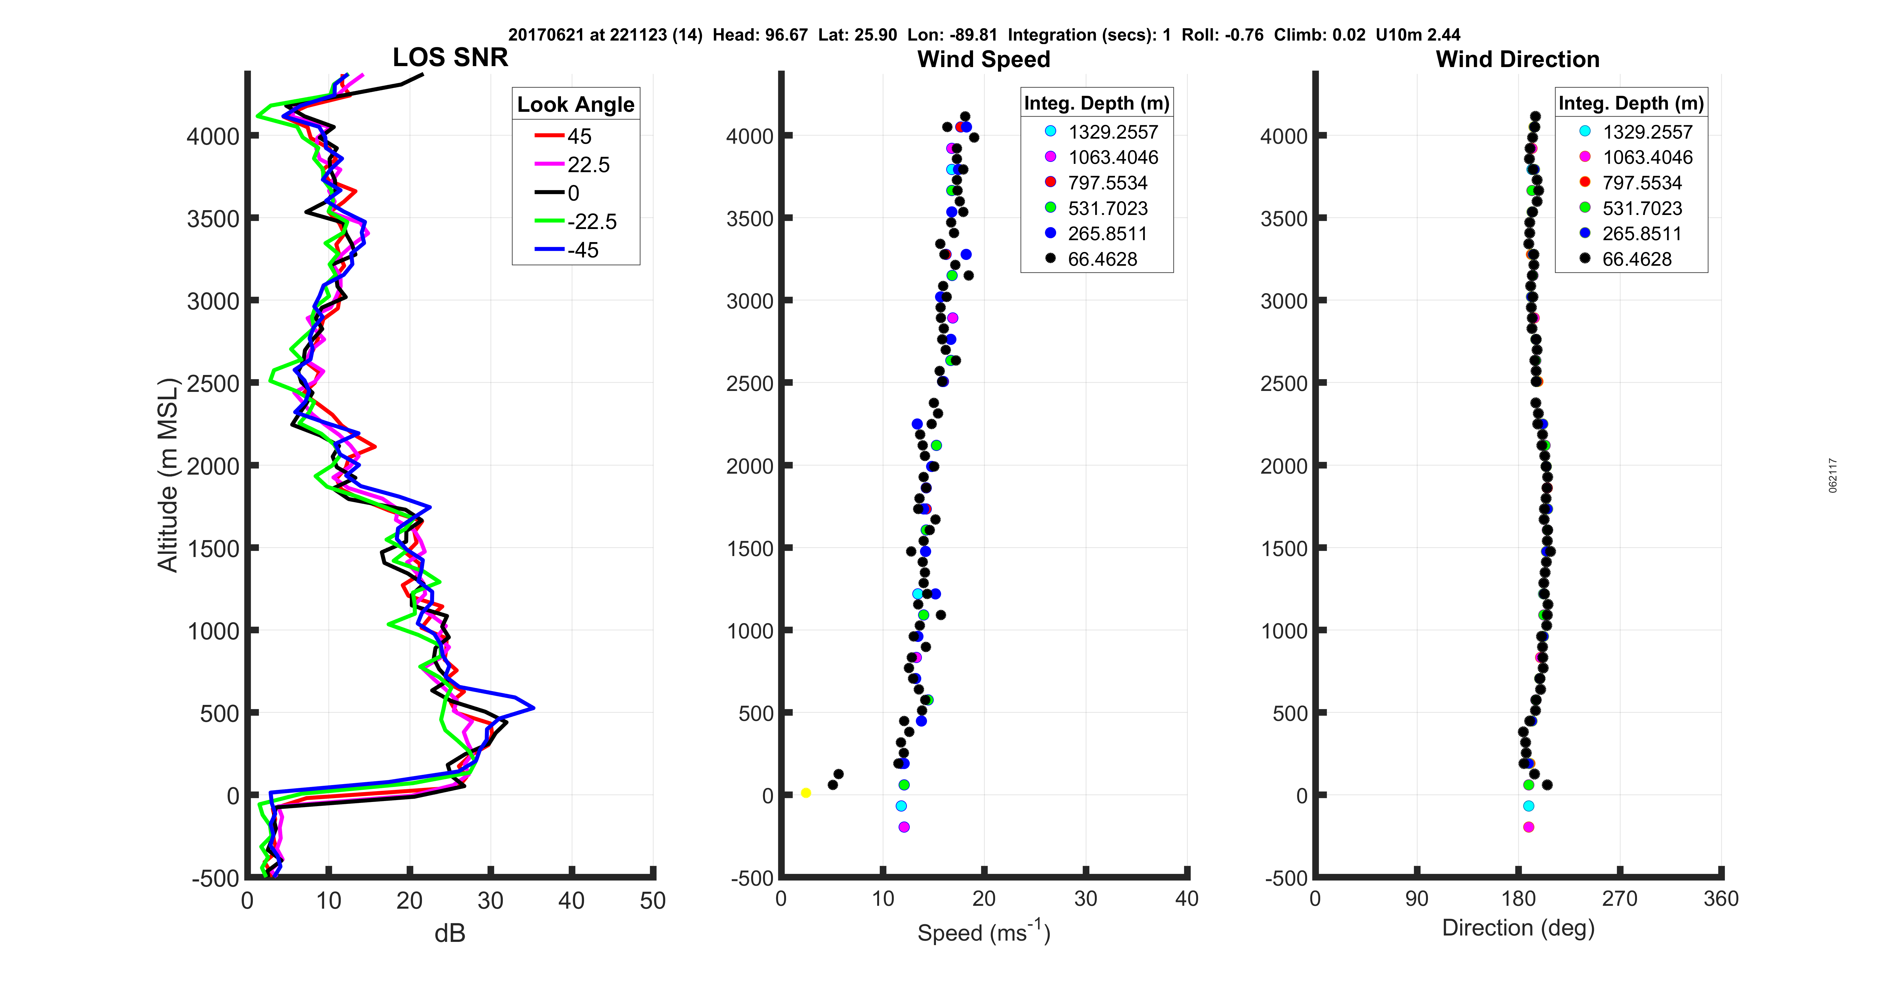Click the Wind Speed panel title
point(984,59)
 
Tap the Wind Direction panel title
point(1517,59)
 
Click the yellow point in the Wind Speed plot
point(806,793)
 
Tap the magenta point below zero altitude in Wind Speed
point(904,827)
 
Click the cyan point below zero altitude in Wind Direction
point(1528,806)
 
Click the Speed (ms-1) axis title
point(984,933)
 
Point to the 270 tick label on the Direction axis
point(1620,899)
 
